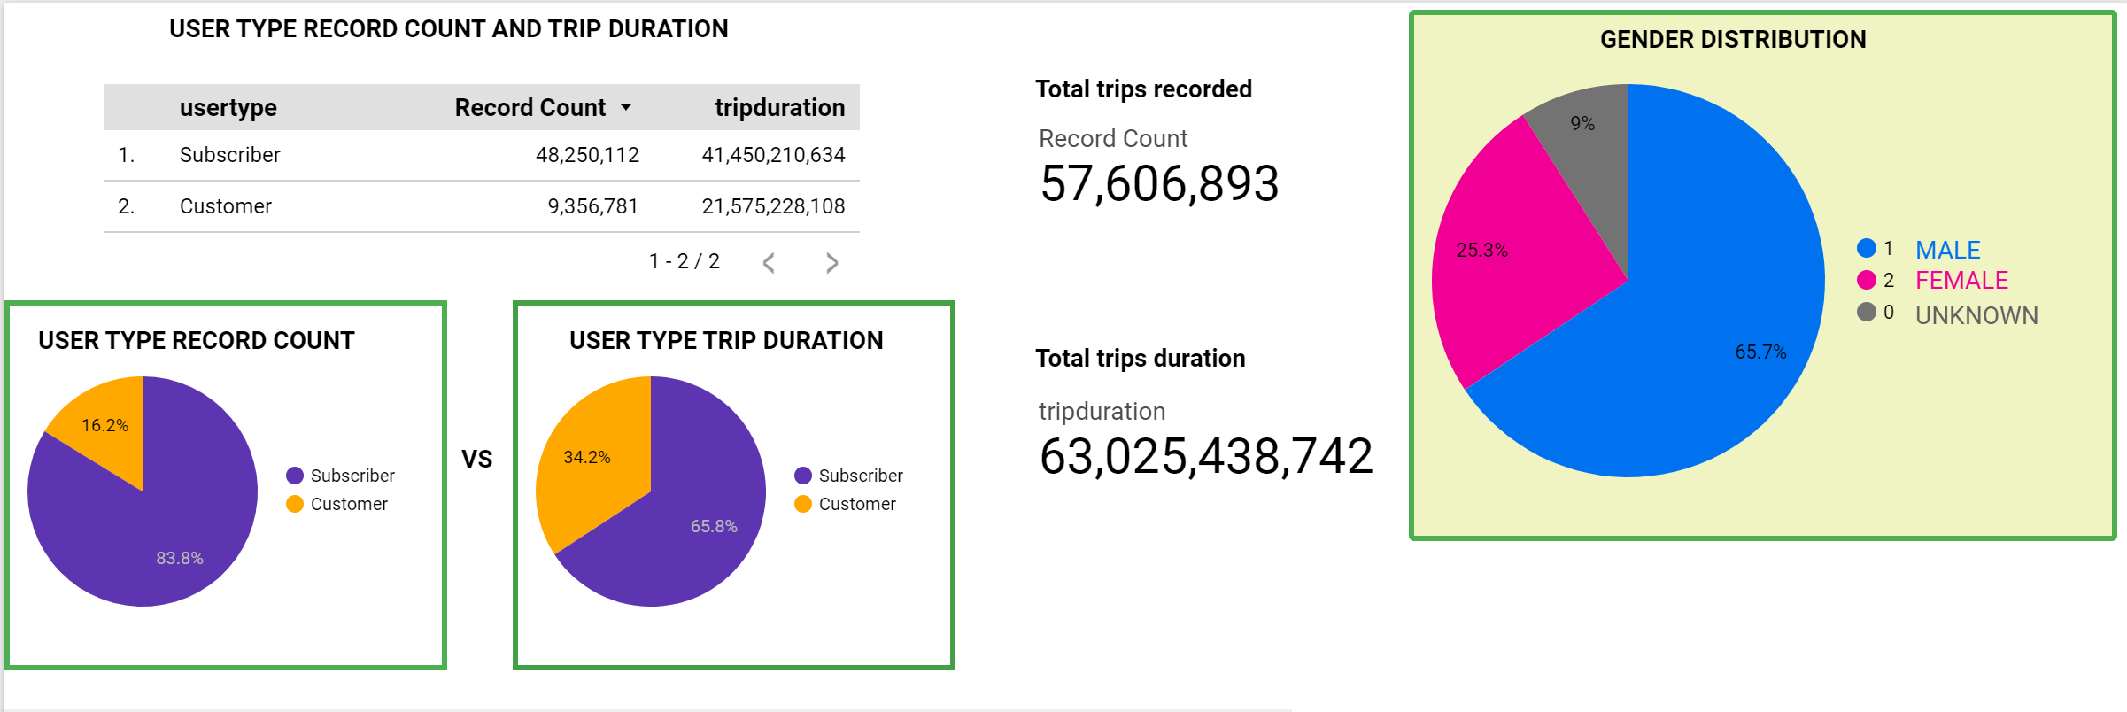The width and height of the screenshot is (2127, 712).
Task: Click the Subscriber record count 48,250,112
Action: [587, 155]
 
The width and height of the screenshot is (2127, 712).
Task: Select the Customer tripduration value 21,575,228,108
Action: [773, 206]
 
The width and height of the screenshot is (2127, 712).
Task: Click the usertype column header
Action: [228, 108]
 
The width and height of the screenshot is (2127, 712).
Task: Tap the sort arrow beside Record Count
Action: [626, 108]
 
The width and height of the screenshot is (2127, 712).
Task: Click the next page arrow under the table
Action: [831, 263]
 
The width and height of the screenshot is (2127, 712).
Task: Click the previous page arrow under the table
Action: [769, 263]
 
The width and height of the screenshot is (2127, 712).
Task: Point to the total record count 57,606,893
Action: [1159, 184]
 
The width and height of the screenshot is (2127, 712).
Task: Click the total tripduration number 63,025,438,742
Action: [1205, 457]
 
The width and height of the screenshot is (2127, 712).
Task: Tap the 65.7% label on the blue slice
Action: [1760, 352]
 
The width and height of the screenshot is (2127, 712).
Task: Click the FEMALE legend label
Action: [1961, 281]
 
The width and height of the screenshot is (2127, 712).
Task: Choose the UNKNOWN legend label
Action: [1976, 315]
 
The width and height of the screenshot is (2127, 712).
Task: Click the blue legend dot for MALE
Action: [1867, 248]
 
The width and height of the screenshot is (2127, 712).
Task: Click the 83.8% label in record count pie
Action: [180, 558]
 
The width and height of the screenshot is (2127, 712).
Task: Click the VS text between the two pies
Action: [476, 459]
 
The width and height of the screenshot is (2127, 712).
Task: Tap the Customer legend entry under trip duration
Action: [856, 504]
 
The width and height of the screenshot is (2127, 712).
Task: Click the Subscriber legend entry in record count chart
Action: [352, 476]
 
